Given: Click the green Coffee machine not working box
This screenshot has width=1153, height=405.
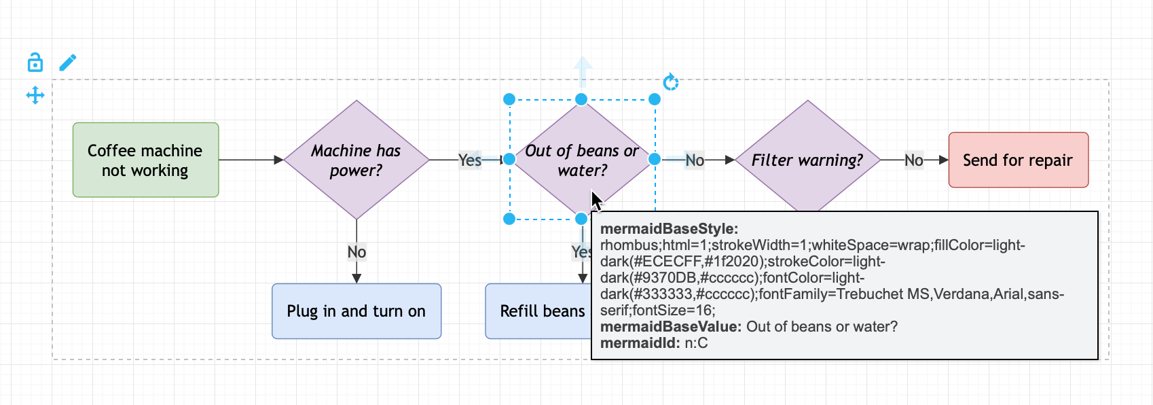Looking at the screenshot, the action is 146,160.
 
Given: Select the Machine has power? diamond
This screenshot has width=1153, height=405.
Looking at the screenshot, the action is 356,160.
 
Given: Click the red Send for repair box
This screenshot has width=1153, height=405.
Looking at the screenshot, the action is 1018,160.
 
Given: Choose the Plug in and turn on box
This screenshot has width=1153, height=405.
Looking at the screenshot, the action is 356,311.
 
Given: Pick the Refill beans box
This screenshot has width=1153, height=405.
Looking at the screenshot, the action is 538,311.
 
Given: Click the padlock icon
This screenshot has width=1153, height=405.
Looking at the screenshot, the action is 35,63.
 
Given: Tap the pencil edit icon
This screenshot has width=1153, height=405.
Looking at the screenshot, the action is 67,63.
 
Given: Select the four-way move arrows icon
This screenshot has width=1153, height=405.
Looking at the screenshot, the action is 35,95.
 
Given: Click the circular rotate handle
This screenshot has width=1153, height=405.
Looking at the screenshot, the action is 671,82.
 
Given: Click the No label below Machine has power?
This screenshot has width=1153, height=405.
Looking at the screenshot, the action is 356,252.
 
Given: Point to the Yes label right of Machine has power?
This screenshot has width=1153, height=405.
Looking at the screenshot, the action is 470,160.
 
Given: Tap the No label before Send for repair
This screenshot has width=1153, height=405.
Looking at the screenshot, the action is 914,160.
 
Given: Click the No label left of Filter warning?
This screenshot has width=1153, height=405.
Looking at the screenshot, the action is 695,160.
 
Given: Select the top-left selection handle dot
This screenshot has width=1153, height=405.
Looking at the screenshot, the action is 509,99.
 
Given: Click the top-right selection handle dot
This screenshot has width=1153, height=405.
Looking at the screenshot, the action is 654,99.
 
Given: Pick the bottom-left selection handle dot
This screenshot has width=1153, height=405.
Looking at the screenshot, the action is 509,219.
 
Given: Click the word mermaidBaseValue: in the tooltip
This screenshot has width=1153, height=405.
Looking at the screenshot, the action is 671,327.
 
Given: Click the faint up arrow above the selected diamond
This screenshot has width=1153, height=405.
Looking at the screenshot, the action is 583,71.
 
